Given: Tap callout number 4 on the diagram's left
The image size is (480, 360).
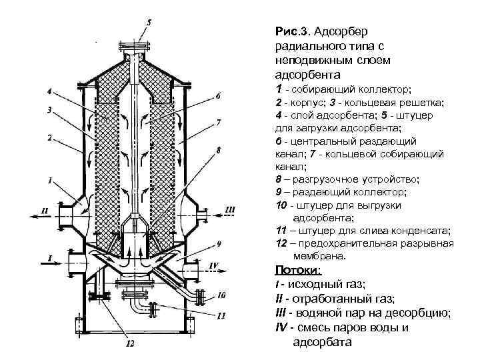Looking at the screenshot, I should (x=49, y=91).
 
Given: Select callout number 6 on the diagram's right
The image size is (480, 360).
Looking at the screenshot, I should (x=217, y=97).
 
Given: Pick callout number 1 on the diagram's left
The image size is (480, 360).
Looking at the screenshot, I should (x=51, y=180).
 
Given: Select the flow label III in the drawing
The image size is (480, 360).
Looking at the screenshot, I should (x=231, y=210).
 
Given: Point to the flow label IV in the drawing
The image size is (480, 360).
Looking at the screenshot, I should (x=214, y=265).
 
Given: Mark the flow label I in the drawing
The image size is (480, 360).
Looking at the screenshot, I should (x=49, y=257).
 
